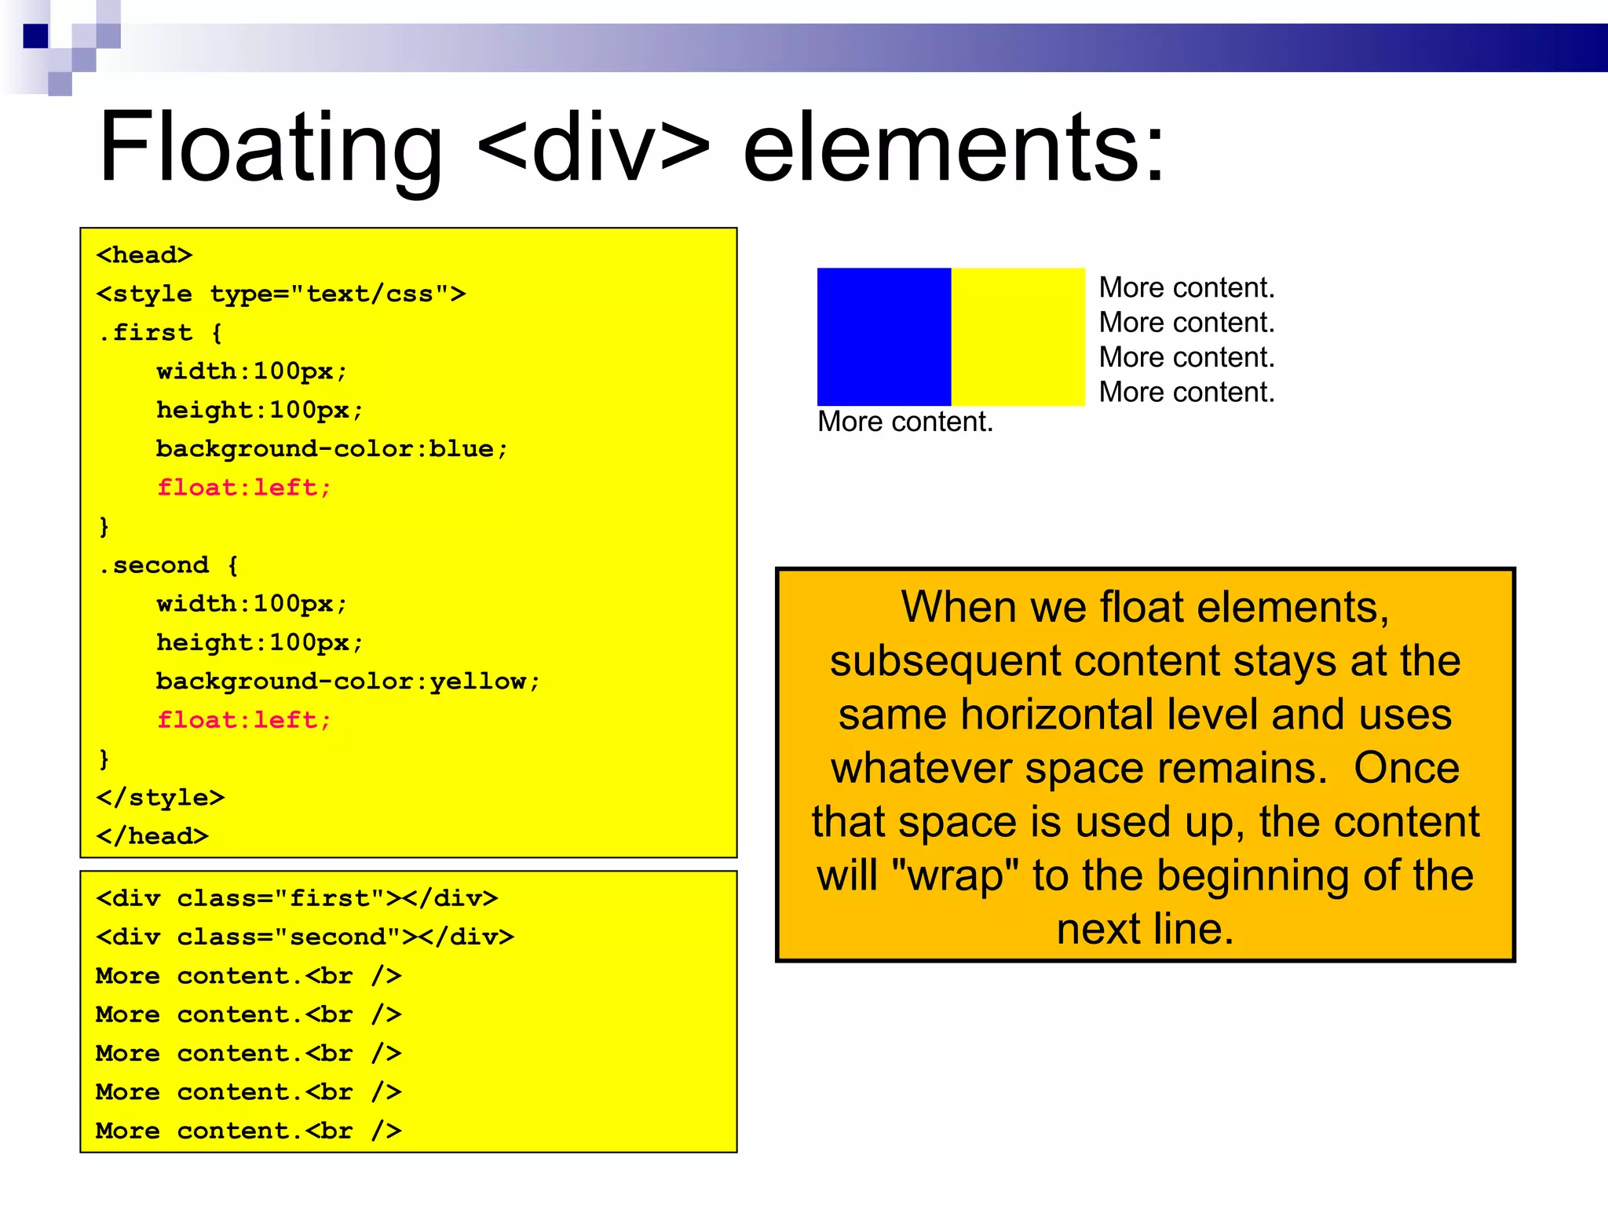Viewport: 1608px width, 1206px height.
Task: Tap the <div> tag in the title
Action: (594, 148)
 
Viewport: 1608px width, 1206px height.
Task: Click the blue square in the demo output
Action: (883, 337)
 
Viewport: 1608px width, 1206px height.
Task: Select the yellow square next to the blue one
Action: (1018, 337)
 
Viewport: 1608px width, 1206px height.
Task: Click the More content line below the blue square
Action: (904, 422)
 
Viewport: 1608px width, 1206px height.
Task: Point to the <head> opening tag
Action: (144, 255)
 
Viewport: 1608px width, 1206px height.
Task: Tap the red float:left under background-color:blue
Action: (244, 488)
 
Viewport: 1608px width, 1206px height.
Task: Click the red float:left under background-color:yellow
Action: (244, 720)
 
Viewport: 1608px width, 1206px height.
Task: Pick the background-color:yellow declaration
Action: (348, 681)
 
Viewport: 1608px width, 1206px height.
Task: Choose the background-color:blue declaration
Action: (331, 448)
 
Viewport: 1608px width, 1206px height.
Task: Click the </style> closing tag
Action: (160, 798)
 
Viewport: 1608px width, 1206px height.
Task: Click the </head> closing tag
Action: (152, 836)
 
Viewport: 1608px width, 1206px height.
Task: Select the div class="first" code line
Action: (296, 898)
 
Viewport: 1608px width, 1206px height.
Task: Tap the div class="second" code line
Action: (305, 937)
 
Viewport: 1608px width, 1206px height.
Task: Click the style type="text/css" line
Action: (280, 294)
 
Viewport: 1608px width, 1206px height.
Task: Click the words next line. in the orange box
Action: (1145, 929)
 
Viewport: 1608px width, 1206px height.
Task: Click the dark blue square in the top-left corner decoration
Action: (36, 36)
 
